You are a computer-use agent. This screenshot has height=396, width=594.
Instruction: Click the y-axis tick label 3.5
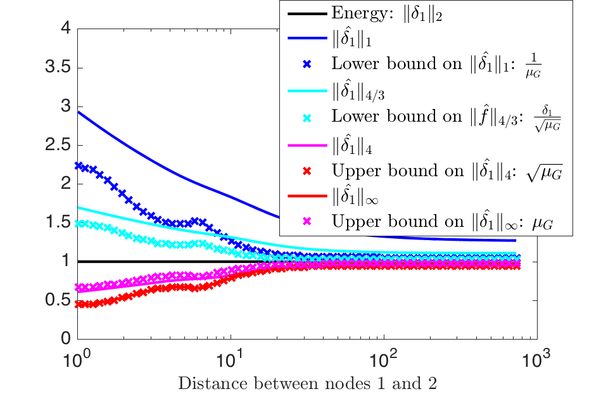click(x=60, y=68)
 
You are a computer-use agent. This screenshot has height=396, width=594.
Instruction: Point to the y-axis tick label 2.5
click(x=60, y=145)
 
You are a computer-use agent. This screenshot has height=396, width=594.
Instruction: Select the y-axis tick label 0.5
click(x=60, y=300)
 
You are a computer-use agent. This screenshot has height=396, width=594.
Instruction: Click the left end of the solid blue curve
click(x=79, y=112)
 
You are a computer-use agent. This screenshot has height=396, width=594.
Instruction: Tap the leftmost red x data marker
click(x=79, y=304)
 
